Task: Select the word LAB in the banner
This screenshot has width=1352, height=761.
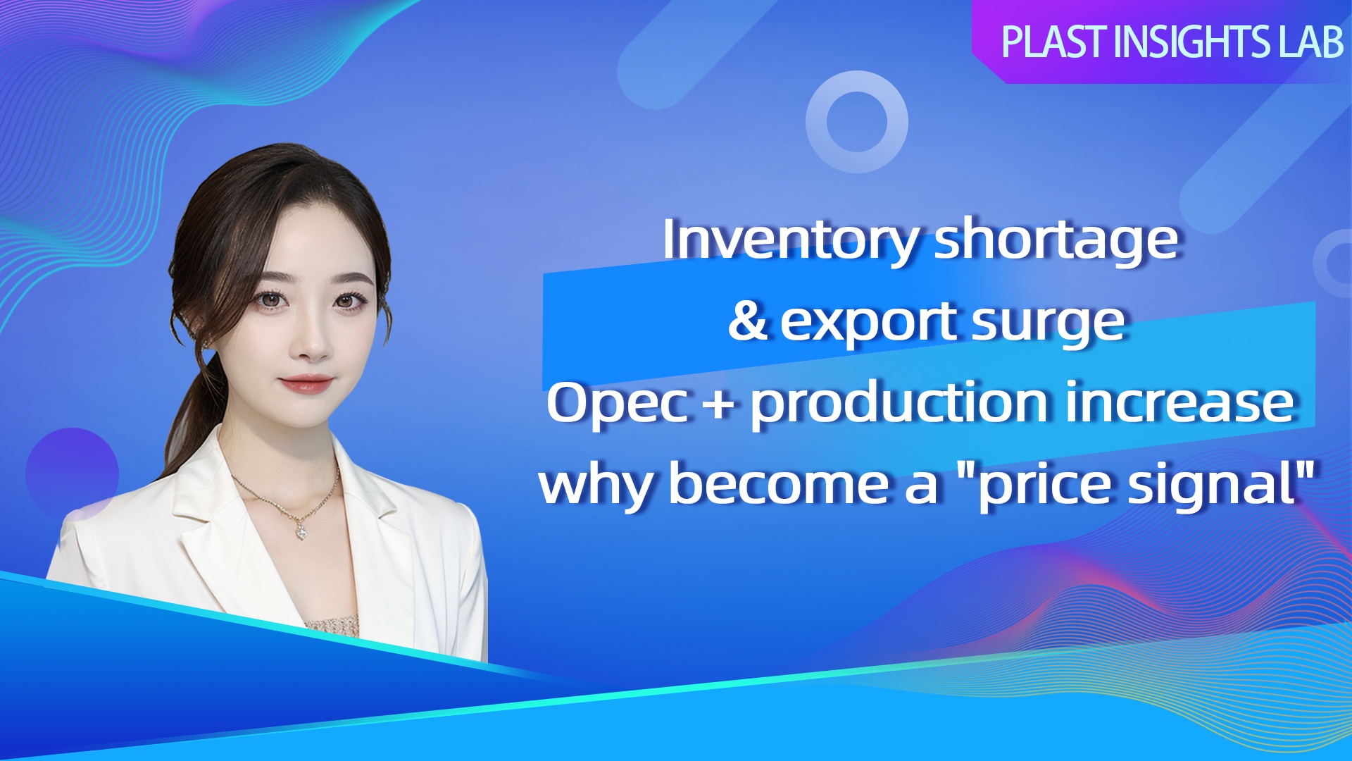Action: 1311,42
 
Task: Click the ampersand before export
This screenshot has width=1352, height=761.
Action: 748,321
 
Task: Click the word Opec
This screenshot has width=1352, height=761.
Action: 617,404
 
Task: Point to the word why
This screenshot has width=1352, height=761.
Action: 596,486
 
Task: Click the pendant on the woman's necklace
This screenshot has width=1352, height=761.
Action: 301,530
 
